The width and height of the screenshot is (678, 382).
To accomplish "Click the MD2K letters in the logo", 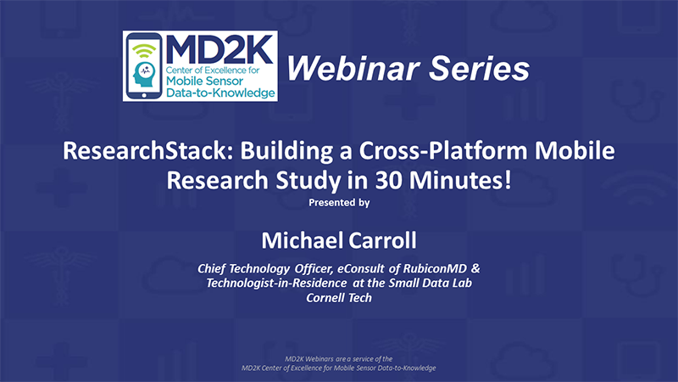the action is [x=220, y=49].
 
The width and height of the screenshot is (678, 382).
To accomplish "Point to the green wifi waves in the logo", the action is [x=144, y=51].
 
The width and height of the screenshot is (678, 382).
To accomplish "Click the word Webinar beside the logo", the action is [x=353, y=69].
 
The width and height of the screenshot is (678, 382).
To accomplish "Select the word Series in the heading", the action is [x=480, y=69].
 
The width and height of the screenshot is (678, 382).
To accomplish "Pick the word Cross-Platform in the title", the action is [x=443, y=151].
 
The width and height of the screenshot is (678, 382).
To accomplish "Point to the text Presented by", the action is [x=339, y=202].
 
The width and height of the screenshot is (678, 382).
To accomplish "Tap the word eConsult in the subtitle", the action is [x=361, y=268].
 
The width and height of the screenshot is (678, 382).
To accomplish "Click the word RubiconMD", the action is [x=435, y=268].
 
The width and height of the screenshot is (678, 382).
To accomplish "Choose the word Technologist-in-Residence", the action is [x=276, y=283].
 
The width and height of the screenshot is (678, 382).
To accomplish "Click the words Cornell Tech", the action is [x=339, y=298].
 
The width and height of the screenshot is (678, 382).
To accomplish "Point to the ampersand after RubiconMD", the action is [x=475, y=268].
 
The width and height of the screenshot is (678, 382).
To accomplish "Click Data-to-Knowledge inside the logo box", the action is [x=220, y=93].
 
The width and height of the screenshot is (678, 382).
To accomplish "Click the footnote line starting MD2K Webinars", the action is [x=338, y=358].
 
